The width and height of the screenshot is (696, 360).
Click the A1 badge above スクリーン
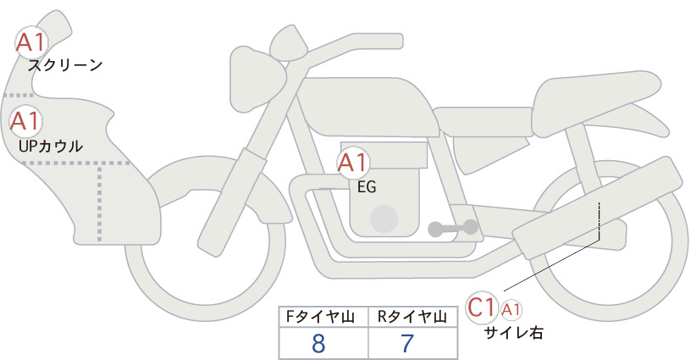coord(31,42)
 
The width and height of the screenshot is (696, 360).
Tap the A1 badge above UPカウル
coord(25,121)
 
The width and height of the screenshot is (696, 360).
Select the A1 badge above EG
coord(353,163)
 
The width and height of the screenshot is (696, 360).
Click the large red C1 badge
coord(482,307)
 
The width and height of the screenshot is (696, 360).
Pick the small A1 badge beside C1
coord(511,309)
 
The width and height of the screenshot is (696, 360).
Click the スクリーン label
coord(65,66)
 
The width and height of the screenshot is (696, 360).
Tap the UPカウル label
coord(51,146)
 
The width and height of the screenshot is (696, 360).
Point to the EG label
coord(367,187)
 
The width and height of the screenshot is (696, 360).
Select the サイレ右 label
coord(513,333)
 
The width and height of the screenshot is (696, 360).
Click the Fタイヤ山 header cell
coord(323,317)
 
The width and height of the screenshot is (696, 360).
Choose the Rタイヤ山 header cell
coord(413,317)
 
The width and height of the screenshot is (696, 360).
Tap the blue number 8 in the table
coord(318,343)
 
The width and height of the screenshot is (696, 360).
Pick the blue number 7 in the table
coord(407,343)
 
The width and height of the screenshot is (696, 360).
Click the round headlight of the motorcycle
coord(256,79)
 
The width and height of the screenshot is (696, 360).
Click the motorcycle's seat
coord(594,103)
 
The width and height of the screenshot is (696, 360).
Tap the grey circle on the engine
coord(384,219)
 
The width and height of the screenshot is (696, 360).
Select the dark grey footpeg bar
coord(453,228)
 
